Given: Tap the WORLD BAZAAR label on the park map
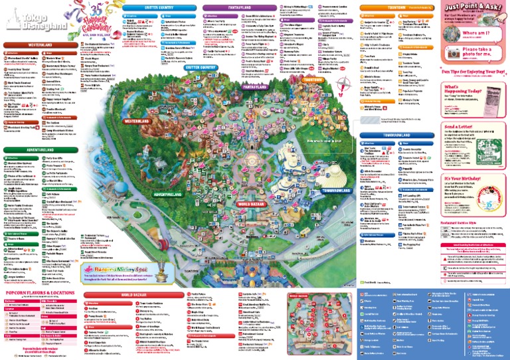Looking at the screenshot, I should (x=252, y=240).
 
